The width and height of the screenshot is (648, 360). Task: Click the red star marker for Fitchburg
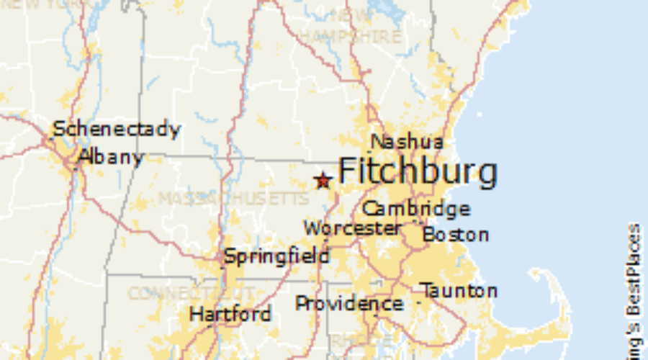323,181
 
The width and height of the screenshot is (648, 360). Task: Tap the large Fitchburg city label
417,172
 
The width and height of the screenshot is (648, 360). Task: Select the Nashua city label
407,141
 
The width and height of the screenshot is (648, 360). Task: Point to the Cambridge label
415,210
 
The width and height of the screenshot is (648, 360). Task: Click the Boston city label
455,235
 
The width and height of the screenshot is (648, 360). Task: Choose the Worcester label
352,229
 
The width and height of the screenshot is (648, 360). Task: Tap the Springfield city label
276,256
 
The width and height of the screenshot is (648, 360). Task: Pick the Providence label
349,304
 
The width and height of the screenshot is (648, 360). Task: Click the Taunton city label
459,291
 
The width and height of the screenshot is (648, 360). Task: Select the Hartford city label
230,315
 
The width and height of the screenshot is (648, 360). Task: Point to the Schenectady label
116,130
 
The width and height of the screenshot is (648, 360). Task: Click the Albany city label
111,156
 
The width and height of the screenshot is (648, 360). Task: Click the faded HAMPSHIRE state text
350,36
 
